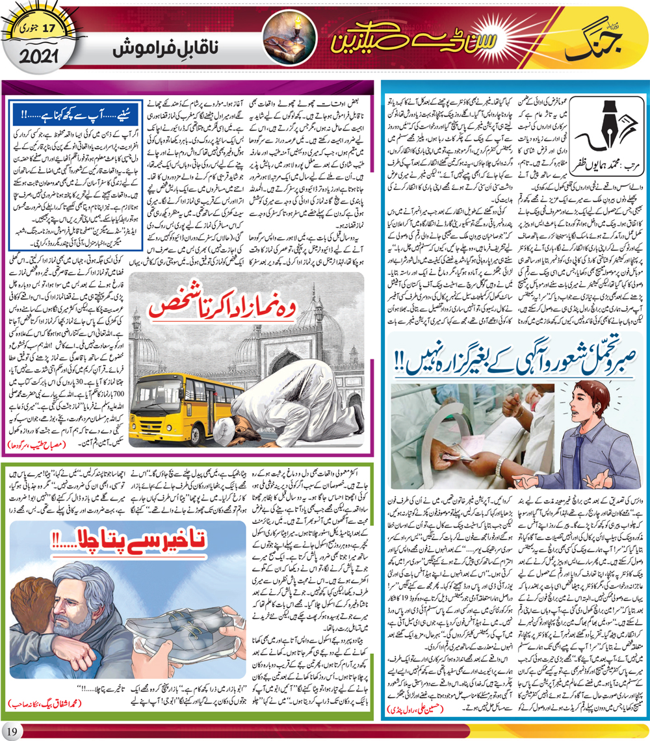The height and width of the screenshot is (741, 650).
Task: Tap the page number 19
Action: click(x=15, y=729)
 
